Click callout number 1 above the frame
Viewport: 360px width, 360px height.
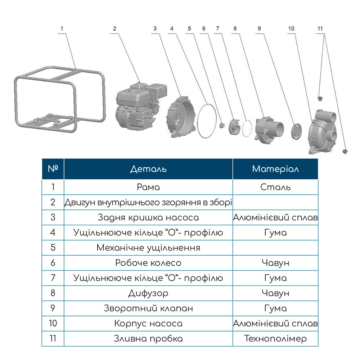[x=62, y=29]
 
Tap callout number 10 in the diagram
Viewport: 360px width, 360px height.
[x=291, y=29]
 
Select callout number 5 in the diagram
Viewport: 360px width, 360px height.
[x=189, y=29]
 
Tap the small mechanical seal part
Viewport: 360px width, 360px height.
[x=222, y=126]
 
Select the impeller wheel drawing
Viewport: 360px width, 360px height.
[x=234, y=127]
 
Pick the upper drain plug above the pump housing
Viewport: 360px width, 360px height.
[x=320, y=99]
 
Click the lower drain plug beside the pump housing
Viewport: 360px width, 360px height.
[x=345, y=151]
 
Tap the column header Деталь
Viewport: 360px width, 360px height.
[x=148, y=169]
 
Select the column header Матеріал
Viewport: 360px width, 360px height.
[x=275, y=169]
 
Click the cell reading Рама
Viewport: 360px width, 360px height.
[x=148, y=187]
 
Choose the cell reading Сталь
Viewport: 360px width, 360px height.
[x=275, y=187]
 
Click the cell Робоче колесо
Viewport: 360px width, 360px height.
[x=148, y=263]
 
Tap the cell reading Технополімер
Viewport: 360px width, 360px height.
[x=275, y=338]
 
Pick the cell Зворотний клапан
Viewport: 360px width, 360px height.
[x=148, y=308]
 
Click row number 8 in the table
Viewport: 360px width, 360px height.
[x=53, y=293]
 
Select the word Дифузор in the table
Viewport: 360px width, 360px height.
[x=148, y=293]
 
